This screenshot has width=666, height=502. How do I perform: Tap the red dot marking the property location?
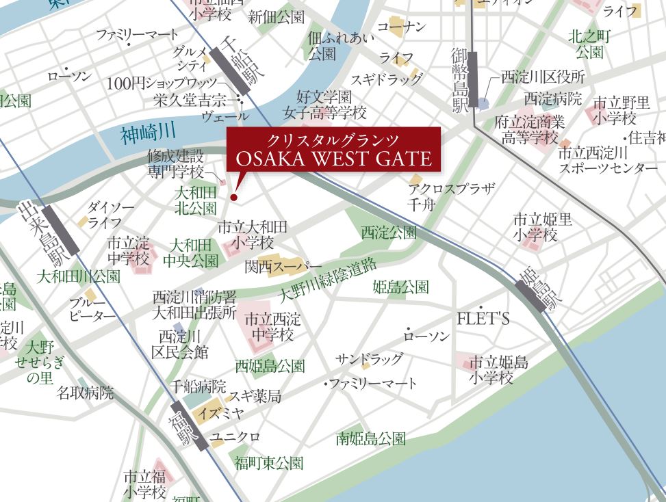point(233,198)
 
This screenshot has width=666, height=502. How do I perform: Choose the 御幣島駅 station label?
point(460,80)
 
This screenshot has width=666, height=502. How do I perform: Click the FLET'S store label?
point(484,319)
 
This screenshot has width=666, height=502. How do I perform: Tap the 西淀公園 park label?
point(388,233)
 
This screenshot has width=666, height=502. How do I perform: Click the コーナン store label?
point(402,27)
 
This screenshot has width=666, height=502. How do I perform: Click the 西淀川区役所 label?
point(543,76)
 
